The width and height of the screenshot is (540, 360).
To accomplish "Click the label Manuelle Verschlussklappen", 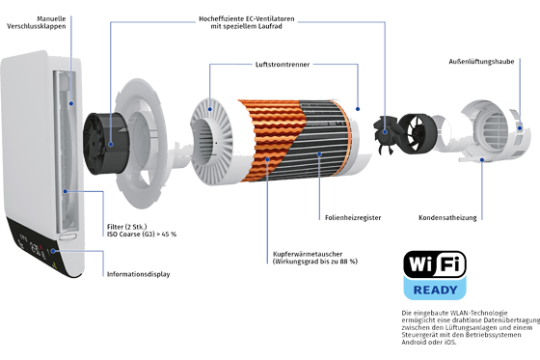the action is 37,22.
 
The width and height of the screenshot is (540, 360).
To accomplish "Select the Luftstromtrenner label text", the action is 283,65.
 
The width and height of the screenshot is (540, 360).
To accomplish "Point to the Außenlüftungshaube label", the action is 481,62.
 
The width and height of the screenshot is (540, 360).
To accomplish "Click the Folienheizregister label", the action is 353,217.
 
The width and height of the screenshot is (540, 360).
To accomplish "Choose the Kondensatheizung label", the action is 447,217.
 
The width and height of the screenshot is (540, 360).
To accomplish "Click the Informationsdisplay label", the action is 139,274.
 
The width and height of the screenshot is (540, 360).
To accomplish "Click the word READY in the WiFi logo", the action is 435,290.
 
